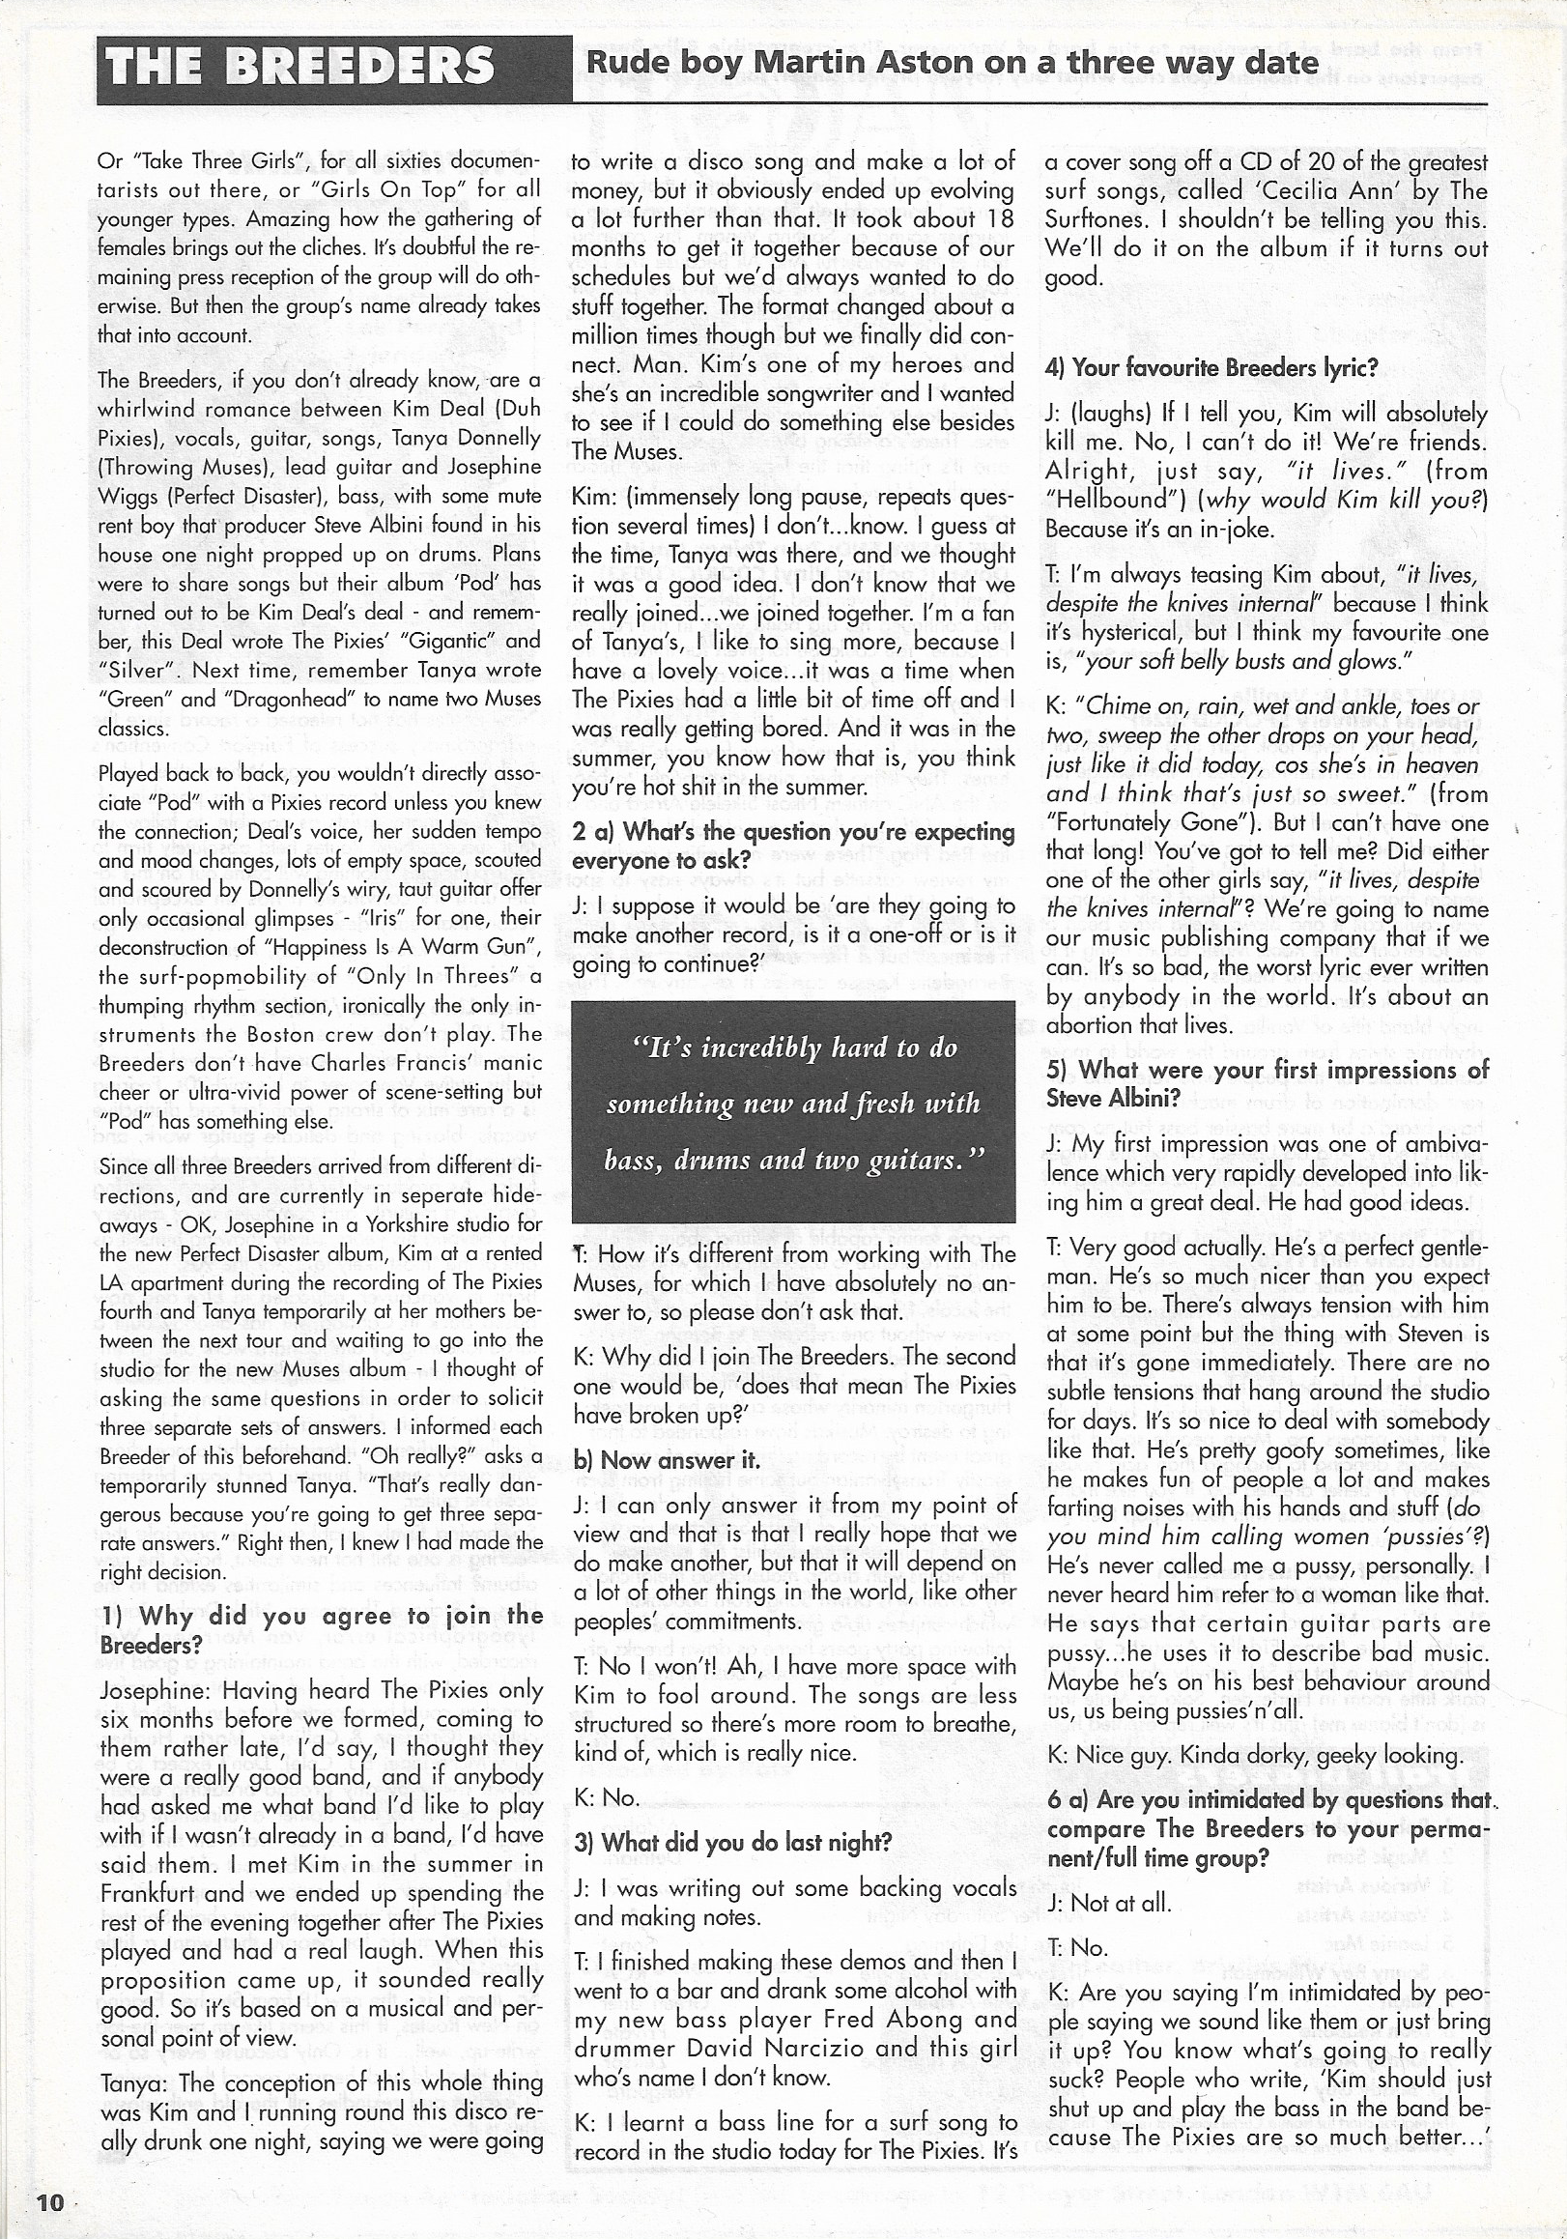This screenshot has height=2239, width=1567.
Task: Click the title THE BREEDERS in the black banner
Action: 299,68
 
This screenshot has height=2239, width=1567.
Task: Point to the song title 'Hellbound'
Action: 1108,500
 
